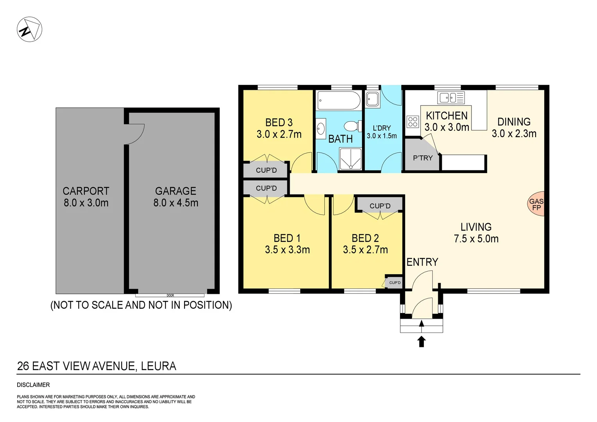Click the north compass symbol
(29, 29)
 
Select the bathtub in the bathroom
(339, 100)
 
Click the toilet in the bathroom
(351, 126)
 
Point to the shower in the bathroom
(351, 159)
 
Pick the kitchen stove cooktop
(413, 122)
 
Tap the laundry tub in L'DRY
(373, 99)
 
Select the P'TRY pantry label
(423, 158)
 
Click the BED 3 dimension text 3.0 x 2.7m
(279, 134)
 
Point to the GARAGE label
(176, 191)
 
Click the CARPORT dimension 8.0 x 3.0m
(86, 203)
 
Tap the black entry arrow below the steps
(421, 342)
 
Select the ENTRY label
(422, 262)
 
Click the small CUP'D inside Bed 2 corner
(394, 283)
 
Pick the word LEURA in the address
(158, 366)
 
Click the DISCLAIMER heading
(33, 385)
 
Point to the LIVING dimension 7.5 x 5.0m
(476, 239)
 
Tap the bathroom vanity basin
(321, 128)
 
